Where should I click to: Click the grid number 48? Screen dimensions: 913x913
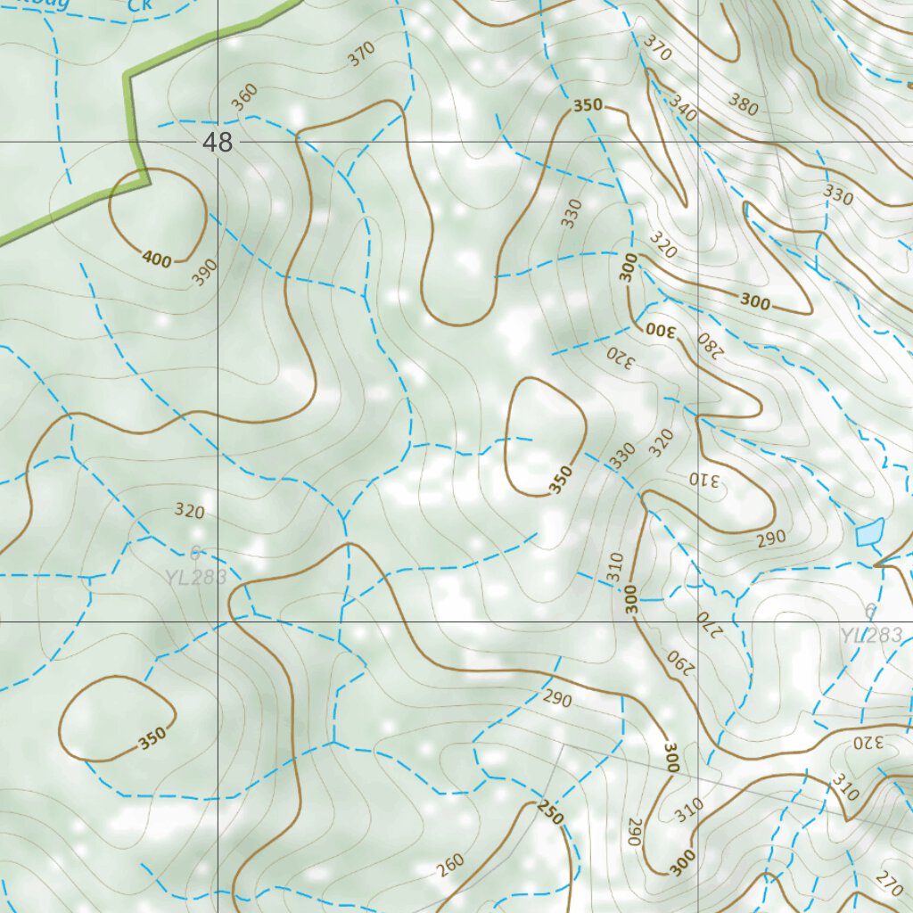[x=218, y=141]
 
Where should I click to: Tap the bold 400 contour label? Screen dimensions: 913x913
[x=156, y=259]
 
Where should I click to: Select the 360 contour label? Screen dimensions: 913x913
[x=244, y=96]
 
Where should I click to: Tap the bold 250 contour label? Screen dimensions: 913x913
[x=551, y=813]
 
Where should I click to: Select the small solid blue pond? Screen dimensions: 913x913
[x=869, y=532]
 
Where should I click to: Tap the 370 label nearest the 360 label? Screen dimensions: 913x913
[x=361, y=55]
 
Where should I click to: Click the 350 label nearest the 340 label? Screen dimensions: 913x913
[x=588, y=105]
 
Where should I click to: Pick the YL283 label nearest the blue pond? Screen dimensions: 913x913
[x=871, y=634]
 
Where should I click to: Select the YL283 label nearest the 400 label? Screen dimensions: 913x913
[x=195, y=576]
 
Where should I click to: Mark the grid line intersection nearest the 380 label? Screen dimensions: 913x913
[x=698, y=141]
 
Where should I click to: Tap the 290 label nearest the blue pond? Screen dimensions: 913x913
[x=771, y=538]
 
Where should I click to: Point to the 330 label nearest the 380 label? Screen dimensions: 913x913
[x=838, y=194]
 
